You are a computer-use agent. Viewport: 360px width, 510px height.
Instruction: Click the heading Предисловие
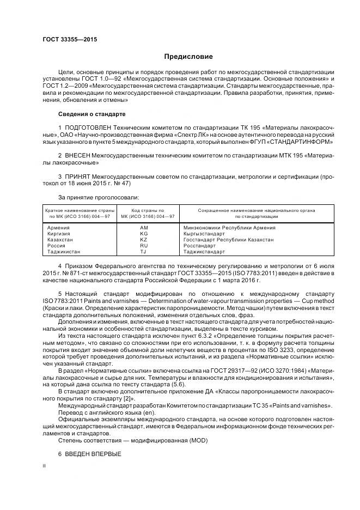(x=188, y=57)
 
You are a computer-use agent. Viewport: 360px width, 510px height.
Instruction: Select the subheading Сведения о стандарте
(x=91, y=114)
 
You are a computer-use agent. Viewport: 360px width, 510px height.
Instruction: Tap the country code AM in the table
(x=144, y=227)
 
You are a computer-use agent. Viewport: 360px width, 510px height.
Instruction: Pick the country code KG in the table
(x=144, y=233)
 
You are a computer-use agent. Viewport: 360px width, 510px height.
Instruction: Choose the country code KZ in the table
(x=144, y=240)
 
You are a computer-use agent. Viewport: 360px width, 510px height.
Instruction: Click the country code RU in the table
(x=144, y=246)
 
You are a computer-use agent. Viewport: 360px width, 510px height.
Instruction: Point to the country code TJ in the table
(x=144, y=252)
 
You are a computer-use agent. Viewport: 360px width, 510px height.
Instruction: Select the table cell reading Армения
(x=58, y=227)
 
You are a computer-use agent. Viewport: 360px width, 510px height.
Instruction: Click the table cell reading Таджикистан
(x=64, y=252)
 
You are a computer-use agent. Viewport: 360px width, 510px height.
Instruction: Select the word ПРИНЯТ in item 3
(x=77, y=177)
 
